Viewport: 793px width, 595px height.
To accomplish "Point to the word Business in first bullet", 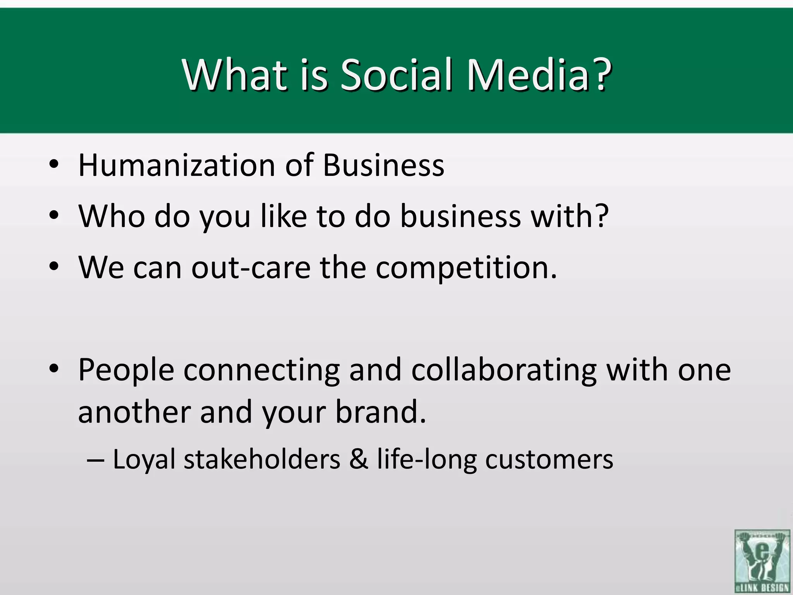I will (383, 165).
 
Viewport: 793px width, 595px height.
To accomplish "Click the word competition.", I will (466, 268).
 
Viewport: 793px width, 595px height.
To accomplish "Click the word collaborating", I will (503, 371).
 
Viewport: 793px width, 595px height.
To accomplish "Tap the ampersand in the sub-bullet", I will (359, 459).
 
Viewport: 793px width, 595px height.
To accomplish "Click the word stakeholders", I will (262, 459).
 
